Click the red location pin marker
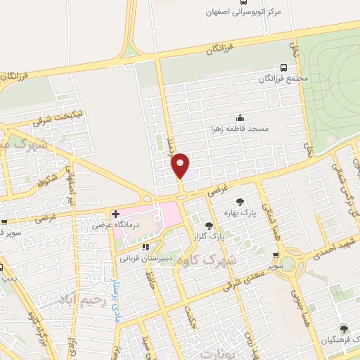coord(181,166)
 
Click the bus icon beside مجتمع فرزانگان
coord(283,67)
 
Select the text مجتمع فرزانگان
coord(283,79)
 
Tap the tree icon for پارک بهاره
coord(241,201)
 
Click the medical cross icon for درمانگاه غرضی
coord(115,213)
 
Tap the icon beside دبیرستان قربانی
coord(145,247)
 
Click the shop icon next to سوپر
coord(276,256)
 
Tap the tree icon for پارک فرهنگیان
coord(343,328)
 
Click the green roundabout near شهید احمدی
coord(288,263)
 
